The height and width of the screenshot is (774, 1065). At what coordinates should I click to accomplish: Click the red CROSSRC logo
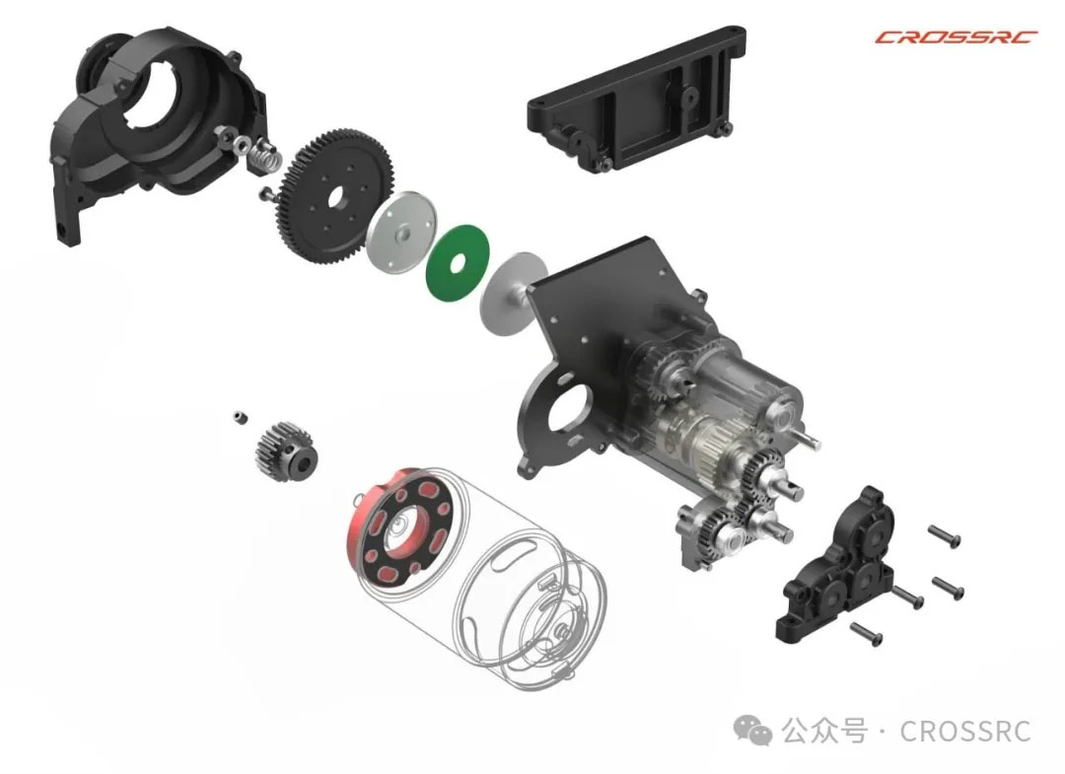pyautogui.click(x=956, y=36)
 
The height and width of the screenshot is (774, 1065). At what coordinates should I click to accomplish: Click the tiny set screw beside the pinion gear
pyautogui.click(x=239, y=416)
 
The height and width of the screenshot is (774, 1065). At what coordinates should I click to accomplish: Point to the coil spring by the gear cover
pyautogui.click(x=265, y=158)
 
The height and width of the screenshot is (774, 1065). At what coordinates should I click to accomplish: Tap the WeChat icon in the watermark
pyautogui.click(x=752, y=731)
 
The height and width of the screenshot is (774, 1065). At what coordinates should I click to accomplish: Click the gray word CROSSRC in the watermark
pyautogui.click(x=965, y=732)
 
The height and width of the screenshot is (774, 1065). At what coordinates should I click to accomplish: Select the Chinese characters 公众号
pyautogui.click(x=823, y=732)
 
